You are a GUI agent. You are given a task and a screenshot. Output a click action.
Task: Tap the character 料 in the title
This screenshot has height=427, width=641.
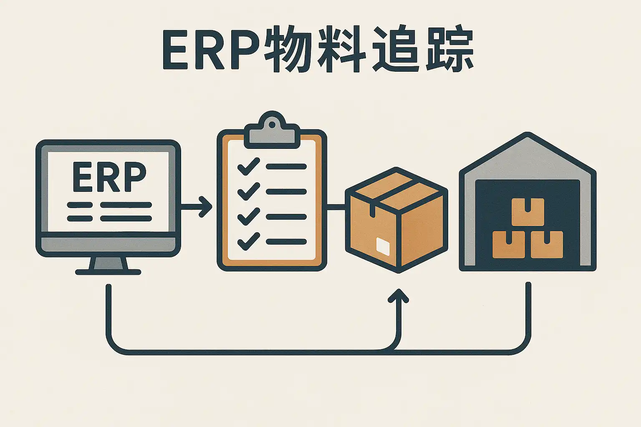click(341, 49)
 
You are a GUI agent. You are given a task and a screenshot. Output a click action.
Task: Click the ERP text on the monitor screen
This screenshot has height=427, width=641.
click(109, 177)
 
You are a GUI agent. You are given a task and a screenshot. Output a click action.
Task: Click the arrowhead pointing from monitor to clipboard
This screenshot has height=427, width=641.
click(206, 206)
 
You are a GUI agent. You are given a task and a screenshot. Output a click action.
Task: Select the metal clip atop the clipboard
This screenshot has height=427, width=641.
click(272, 133)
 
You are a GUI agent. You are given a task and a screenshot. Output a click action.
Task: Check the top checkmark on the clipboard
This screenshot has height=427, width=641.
click(248, 166)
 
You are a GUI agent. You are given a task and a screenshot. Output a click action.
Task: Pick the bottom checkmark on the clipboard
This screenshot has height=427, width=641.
click(248, 241)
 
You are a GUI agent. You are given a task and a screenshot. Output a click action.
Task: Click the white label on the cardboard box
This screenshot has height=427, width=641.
click(383, 246)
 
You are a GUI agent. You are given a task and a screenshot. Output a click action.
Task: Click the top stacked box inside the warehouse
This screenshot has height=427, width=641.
click(527, 211)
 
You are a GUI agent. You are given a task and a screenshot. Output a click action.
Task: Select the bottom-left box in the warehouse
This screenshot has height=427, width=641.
click(508, 244)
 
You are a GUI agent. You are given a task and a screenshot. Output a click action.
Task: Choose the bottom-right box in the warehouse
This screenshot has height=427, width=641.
click(547, 244)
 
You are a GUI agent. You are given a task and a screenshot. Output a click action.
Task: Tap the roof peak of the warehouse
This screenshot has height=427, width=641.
click(527, 137)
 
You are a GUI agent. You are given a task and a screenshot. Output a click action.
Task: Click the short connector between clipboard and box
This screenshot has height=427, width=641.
click(336, 206)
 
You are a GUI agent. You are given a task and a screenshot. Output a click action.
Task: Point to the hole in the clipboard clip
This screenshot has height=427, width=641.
click(272, 124)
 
